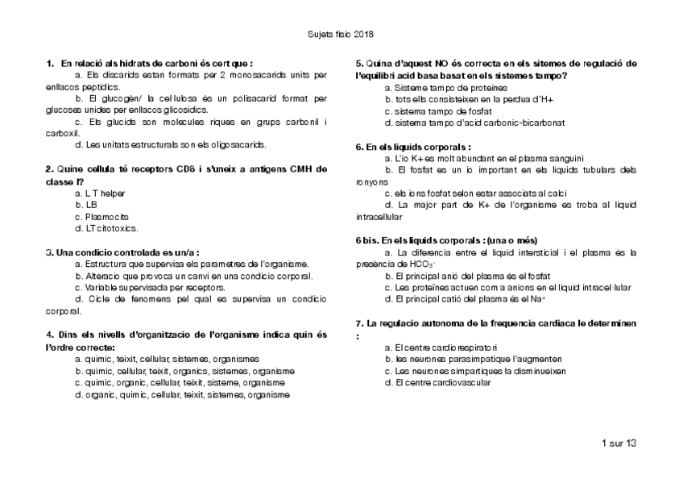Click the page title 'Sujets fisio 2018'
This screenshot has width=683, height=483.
341,35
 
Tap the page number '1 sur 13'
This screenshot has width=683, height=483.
619,443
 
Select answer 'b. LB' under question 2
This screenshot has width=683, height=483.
85,205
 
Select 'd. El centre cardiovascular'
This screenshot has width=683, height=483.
438,382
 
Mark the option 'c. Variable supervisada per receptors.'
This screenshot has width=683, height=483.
149,286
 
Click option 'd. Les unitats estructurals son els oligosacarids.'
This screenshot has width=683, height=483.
170,145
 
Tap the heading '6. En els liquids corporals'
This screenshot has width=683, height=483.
412,147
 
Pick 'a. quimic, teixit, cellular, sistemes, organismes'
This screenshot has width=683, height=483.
166,359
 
